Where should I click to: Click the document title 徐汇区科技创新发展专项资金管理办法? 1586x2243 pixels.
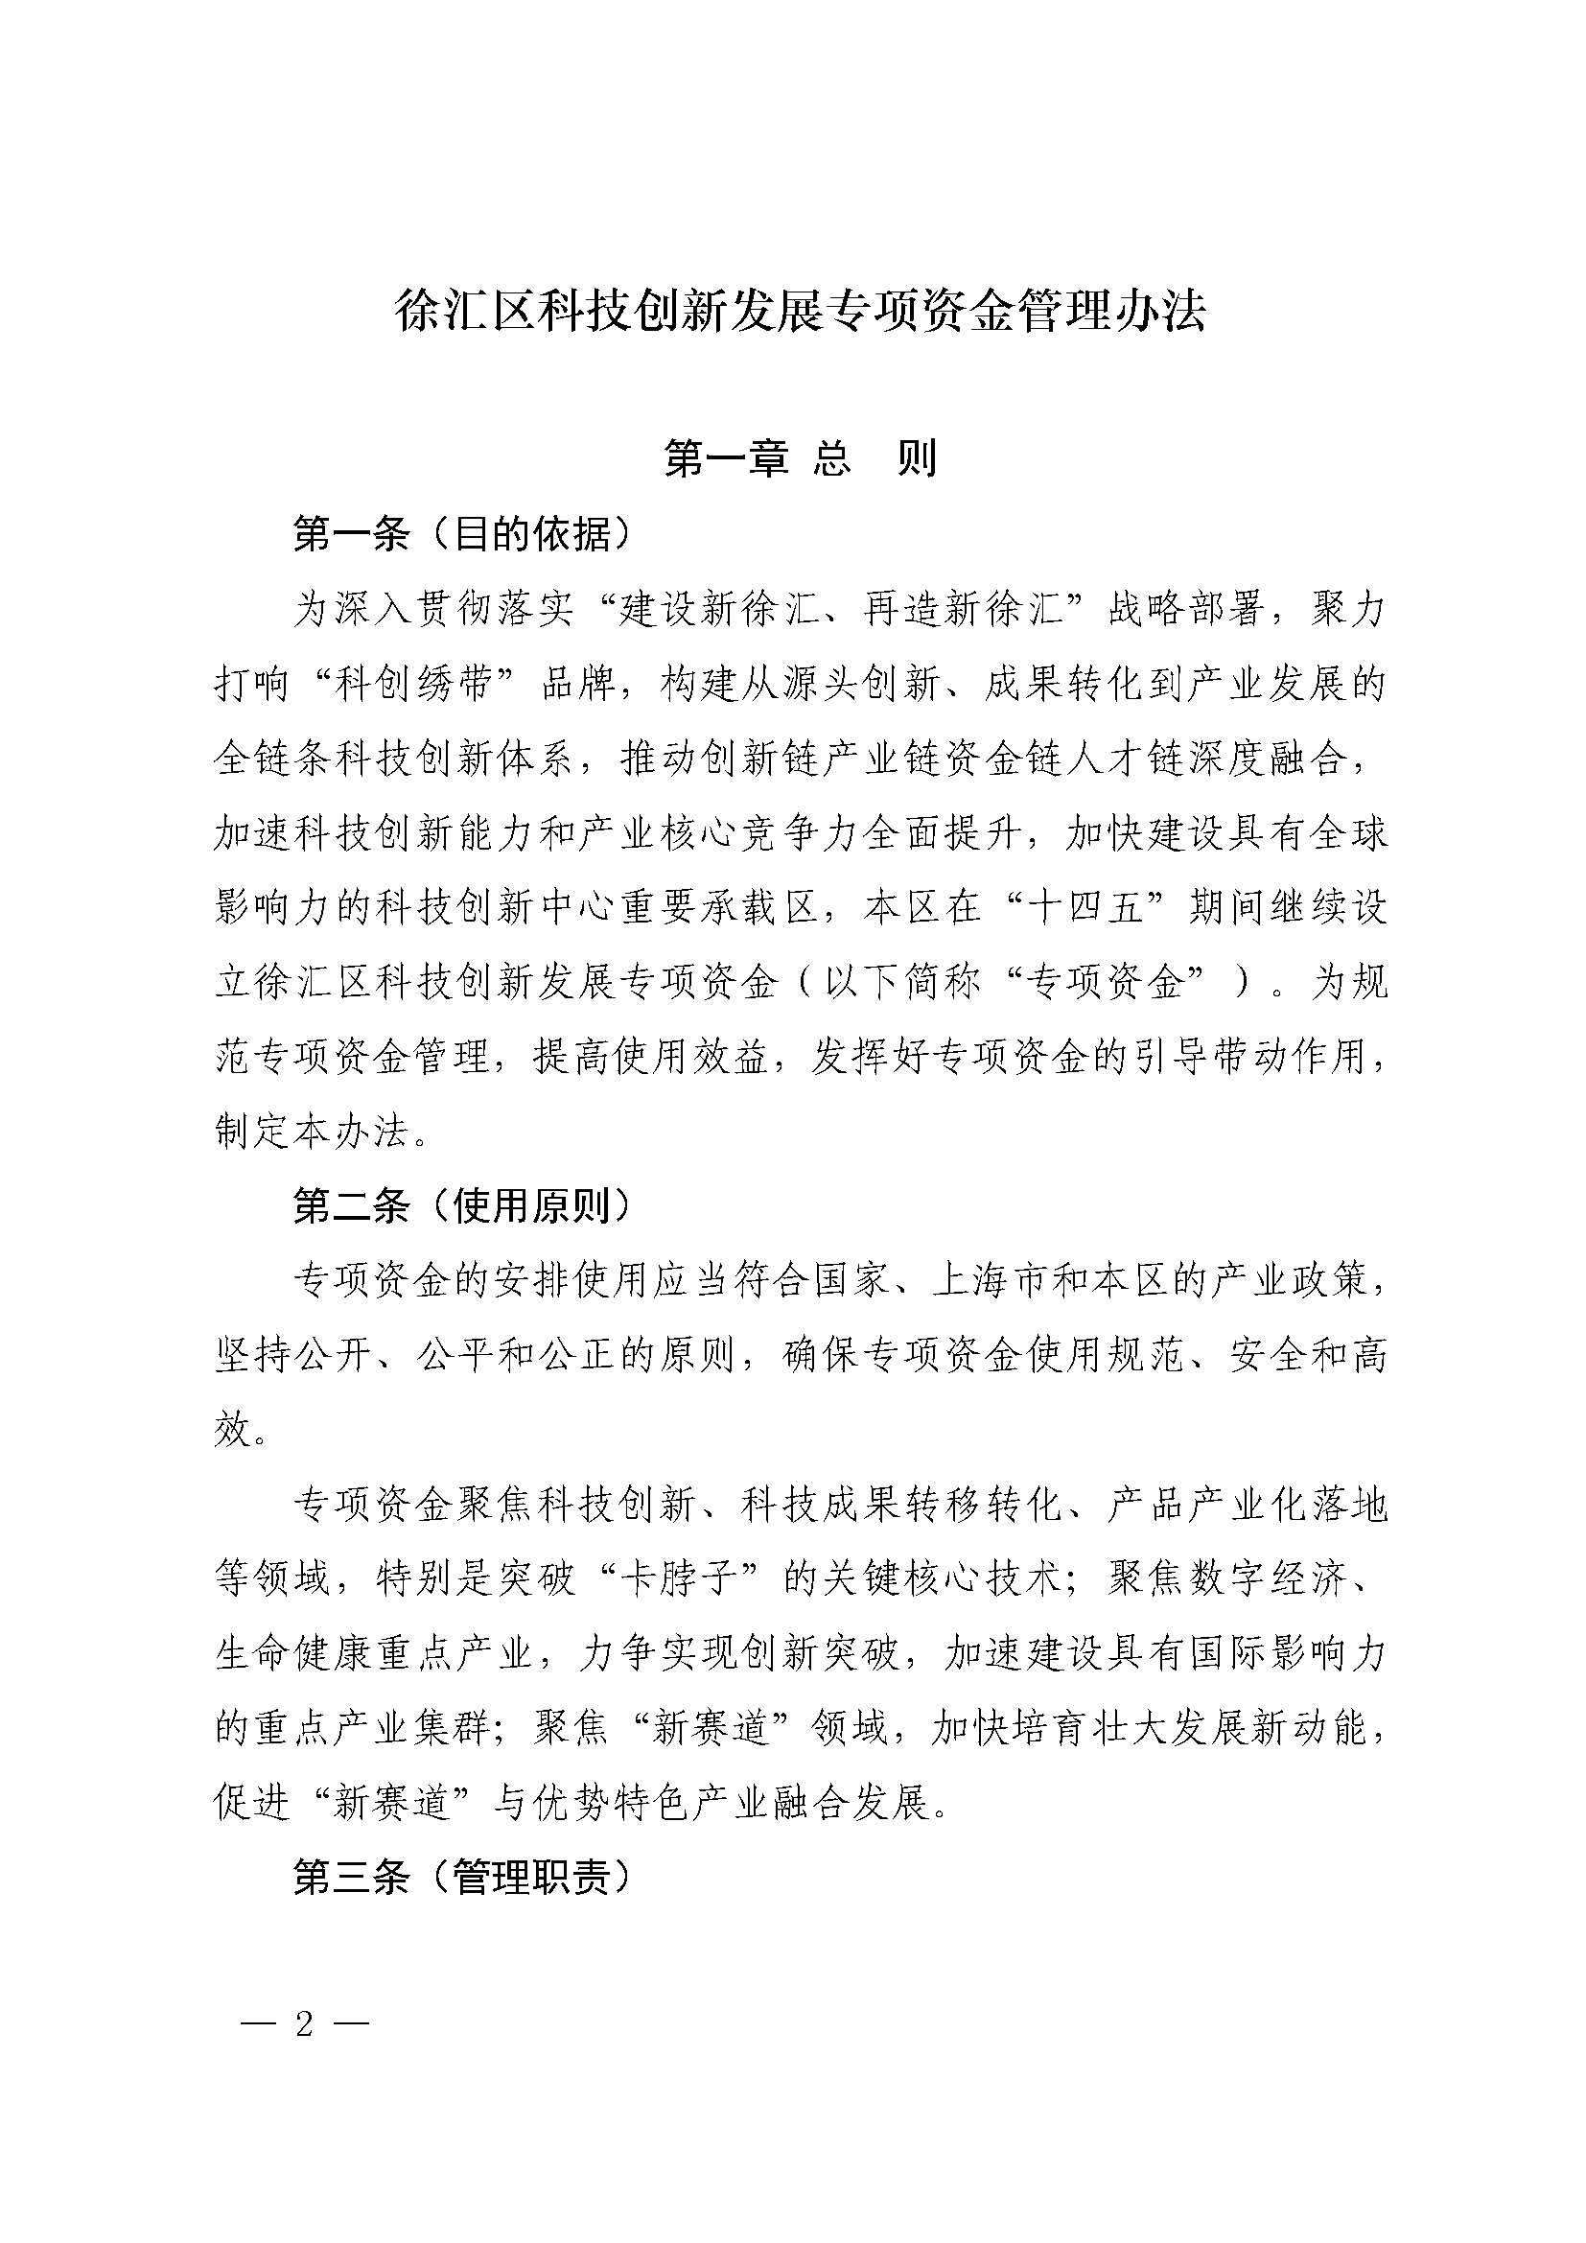click(800, 312)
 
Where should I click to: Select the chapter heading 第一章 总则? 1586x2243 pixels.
click(800, 458)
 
